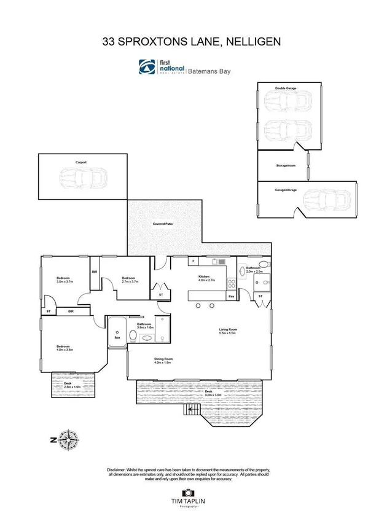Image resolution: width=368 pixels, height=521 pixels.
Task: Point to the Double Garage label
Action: (286, 88)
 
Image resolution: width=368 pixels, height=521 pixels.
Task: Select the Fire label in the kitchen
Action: (232, 297)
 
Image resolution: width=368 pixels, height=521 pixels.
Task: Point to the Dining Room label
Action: (163, 361)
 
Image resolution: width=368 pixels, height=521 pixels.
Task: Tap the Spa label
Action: (117, 337)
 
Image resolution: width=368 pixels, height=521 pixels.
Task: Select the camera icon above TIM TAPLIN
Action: (187, 493)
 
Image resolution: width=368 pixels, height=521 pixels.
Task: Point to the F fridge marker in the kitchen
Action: (193, 262)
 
